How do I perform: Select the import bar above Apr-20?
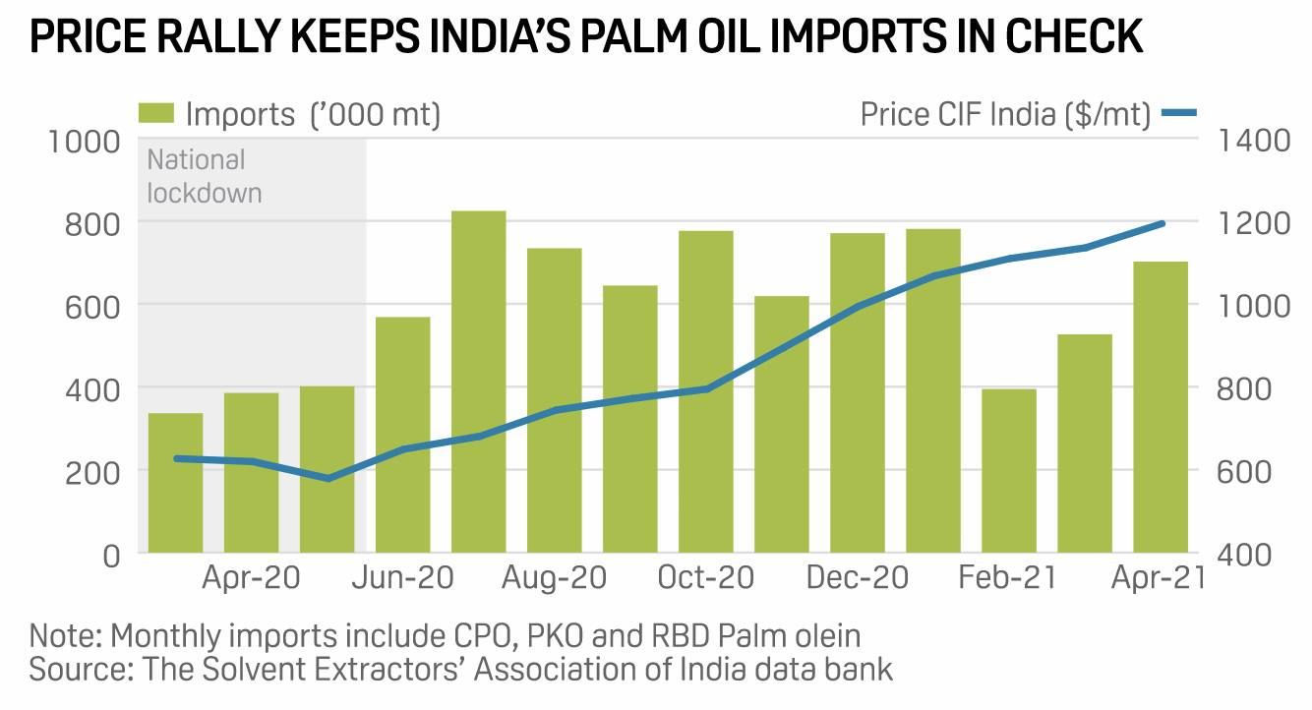tap(251, 472)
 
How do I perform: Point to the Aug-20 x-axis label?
tap(555, 577)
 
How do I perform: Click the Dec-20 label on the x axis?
tap(858, 577)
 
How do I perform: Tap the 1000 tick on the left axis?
tap(84, 141)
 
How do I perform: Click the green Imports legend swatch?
tap(157, 113)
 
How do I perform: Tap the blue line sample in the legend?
tap(1178, 113)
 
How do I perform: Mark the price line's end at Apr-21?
tap(1163, 224)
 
